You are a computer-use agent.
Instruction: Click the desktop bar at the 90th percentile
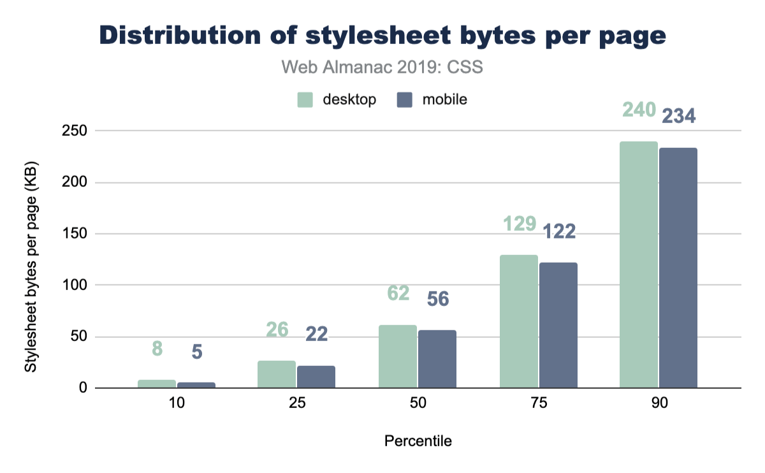pyautogui.click(x=639, y=265)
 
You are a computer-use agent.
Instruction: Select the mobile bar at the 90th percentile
pyautogui.click(x=678, y=268)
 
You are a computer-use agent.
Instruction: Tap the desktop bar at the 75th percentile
pyautogui.click(x=518, y=321)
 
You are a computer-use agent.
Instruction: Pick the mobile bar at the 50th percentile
pyautogui.click(x=437, y=359)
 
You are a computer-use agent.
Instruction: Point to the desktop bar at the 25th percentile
pyautogui.click(x=277, y=374)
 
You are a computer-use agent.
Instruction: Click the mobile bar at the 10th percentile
pyautogui.click(x=196, y=385)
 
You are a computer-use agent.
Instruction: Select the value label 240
pyautogui.click(x=639, y=110)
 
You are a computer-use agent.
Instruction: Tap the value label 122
pyautogui.click(x=558, y=231)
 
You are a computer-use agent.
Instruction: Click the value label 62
pyautogui.click(x=398, y=294)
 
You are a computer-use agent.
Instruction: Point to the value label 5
pyautogui.click(x=196, y=352)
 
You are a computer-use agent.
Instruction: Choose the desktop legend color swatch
pyautogui.click(x=305, y=100)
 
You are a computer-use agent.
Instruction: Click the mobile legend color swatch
pyautogui.click(x=405, y=100)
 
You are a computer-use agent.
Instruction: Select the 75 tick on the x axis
pyautogui.click(x=538, y=404)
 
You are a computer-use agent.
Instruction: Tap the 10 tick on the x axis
pyautogui.click(x=177, y=404)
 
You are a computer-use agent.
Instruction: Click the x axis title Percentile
pyautogui.click(x=418, y=441)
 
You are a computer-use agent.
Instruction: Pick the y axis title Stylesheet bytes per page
pyautogui.click(x=30, y=259)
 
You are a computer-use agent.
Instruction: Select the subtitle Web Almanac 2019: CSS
pyautogui.click(x=382, y=67)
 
